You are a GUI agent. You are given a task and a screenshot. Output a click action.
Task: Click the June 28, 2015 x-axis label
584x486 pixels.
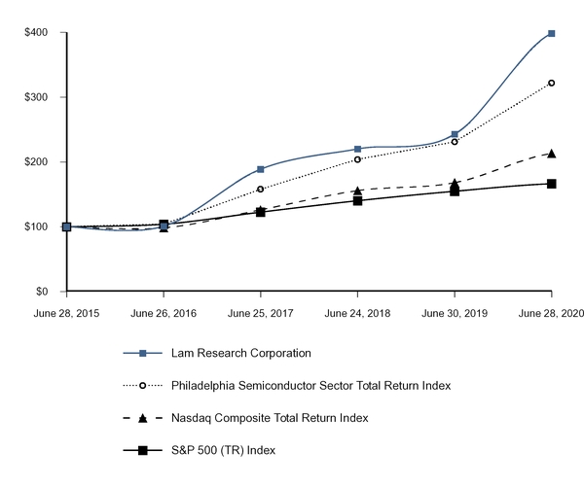pos(66,313)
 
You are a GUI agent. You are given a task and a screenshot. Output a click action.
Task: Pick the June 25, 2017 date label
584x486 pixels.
pos(260,313)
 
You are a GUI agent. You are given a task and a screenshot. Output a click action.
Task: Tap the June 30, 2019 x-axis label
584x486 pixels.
pos(455,313)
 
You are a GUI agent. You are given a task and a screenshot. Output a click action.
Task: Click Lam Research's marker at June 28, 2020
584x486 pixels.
pos(552,33)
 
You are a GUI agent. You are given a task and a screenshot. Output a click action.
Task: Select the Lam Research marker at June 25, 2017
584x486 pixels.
pos(260,169)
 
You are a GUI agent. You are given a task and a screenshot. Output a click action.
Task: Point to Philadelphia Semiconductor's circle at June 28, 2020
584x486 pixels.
pos(552,83)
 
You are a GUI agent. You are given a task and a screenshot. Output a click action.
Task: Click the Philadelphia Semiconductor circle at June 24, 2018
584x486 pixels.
pos(357,159)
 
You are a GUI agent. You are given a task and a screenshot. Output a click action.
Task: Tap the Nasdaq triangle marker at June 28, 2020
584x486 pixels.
pos(552,153)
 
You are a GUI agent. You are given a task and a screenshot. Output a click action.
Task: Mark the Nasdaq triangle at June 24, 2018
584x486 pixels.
pos(357,191)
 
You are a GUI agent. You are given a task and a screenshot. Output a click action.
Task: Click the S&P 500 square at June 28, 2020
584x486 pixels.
pos(552,184)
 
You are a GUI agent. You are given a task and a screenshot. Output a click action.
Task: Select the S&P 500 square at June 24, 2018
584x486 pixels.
pos(357,200)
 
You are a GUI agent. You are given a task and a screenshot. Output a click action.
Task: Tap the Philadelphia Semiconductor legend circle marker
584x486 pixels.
pos(143,385)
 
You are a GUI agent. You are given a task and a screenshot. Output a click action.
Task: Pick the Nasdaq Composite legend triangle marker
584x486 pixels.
pos(143,418)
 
